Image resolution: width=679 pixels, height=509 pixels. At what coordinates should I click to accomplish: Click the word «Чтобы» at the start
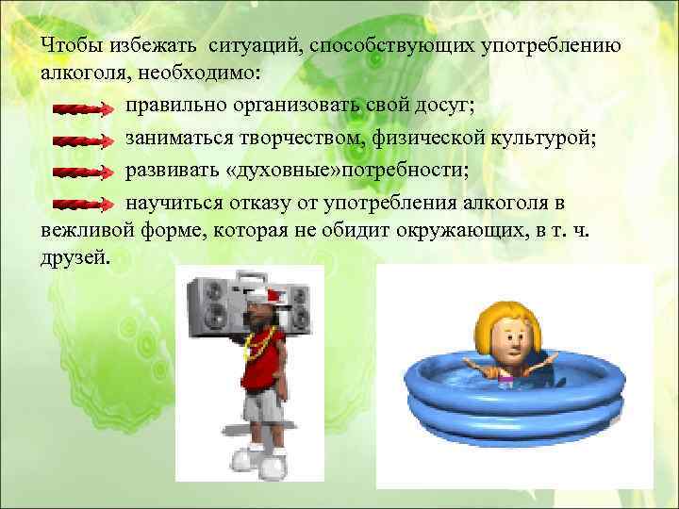[x=72, y=46]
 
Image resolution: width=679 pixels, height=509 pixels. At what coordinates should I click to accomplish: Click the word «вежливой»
[x=83, y=228]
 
